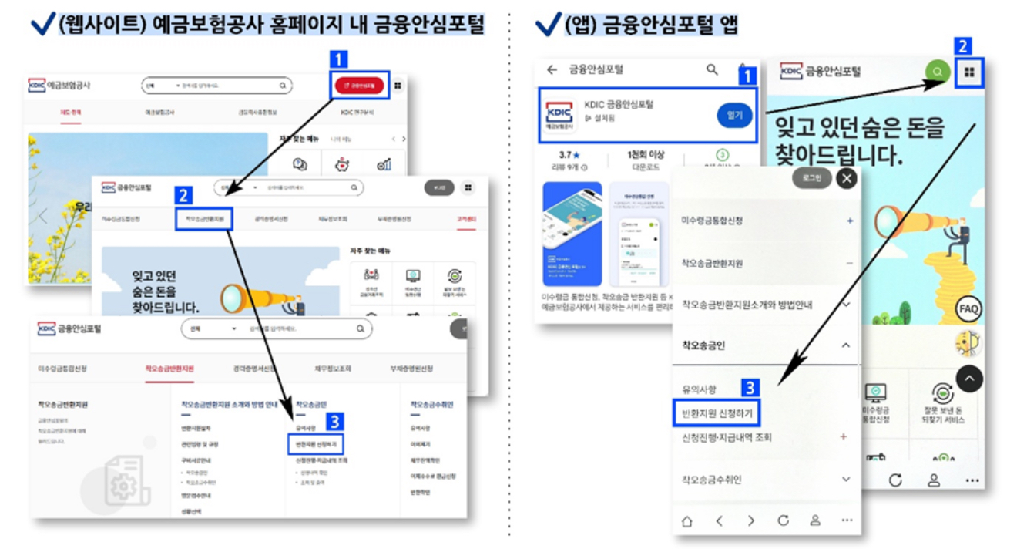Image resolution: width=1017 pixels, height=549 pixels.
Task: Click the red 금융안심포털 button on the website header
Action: click(359, 86)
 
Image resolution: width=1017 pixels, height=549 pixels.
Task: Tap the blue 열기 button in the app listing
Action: click(733, 115)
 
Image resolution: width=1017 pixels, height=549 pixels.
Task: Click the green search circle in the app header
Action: click(937, 72)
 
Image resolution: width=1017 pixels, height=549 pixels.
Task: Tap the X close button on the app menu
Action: click(847, 179)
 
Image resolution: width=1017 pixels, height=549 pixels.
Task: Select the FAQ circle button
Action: click(968, 310)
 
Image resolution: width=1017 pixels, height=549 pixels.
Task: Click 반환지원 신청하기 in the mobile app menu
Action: click(717, 413)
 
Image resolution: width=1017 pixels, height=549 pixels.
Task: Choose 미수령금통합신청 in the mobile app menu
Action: click(712, 221)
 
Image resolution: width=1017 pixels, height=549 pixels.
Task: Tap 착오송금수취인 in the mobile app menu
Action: click(711, 480)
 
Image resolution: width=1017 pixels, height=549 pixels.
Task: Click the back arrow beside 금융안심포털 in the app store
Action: click(552, 69)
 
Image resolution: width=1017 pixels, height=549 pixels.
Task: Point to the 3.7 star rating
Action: click(569, 155)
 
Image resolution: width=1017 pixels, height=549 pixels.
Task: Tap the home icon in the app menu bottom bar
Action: click(686, 521)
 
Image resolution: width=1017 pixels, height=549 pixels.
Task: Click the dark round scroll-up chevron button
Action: click(969, 378)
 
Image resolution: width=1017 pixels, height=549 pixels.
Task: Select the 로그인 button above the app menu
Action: click(811, 179)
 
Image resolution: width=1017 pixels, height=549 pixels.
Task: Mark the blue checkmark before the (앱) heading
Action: click(548, 25)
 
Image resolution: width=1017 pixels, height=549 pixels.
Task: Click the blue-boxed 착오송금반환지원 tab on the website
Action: click(204, 219)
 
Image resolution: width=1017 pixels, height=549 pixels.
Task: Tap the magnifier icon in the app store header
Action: click(712, 69)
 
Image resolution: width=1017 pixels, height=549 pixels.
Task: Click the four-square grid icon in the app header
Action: click(969, 72)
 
